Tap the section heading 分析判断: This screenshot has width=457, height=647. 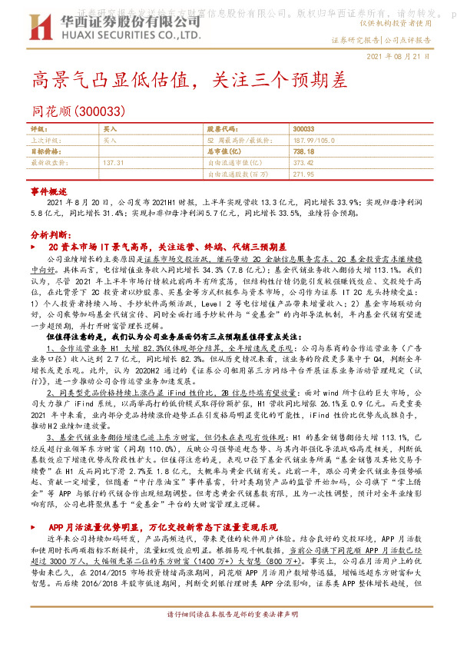[46, 234]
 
